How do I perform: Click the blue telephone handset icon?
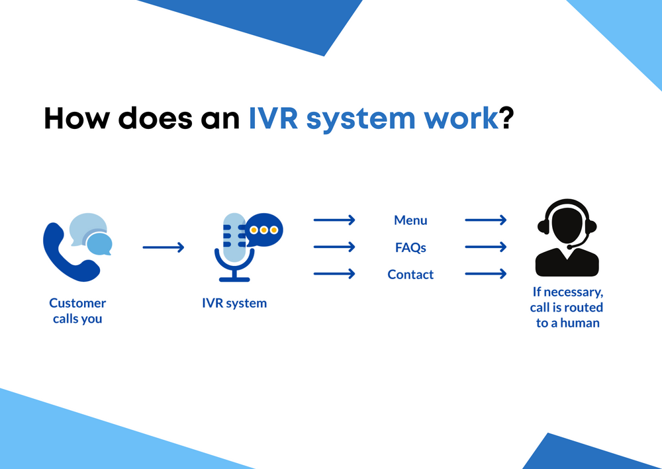coord(69,255)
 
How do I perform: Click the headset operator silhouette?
coord(567,238)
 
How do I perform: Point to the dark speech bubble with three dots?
coord(264,230)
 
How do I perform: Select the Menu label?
coord(410,220)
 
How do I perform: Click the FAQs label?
coord(410,247)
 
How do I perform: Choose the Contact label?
coord(410,275)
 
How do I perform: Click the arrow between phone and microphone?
coord(163,247)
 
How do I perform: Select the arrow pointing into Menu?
coord(334,220)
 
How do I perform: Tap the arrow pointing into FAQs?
coord(334,247)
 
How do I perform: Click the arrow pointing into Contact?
coord(334,274)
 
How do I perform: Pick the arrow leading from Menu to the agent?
coord(486,220)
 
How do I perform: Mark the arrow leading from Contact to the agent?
coord(486,274)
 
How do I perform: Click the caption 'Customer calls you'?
coord(77,311)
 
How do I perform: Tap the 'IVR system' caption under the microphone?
coord(234,304)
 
